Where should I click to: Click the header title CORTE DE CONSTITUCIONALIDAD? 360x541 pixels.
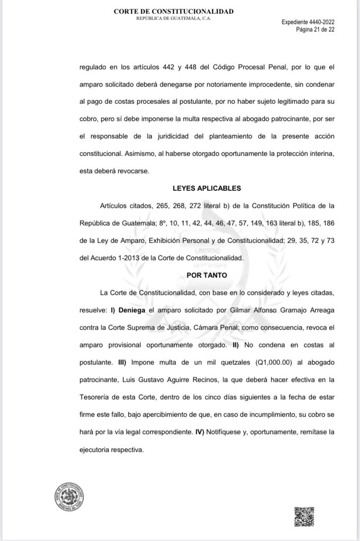pyautogui.click(x=173, y=12)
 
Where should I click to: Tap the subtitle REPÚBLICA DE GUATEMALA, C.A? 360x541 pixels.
pyautogui.click(x=173, y=18)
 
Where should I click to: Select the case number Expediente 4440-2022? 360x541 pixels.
pyautogui.click(x=308, y=22)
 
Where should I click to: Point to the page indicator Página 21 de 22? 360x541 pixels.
pyautogui.click(x=315, y=30)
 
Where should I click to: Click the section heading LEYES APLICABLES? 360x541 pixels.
pyautogui.click(x=207, y=188)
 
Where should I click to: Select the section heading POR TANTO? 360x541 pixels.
pyautogui.click(x=207, y=275)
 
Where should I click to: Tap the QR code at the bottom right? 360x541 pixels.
pyautogui.click(x=304, y=517)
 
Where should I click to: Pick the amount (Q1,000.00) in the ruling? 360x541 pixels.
pyautogui.click(x=265, y=362)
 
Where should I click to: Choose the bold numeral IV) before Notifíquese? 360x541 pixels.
pyautogui.click(x=198, y=432)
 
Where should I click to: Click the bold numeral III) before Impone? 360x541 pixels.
pyautogui.click(x=119, y=362)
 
